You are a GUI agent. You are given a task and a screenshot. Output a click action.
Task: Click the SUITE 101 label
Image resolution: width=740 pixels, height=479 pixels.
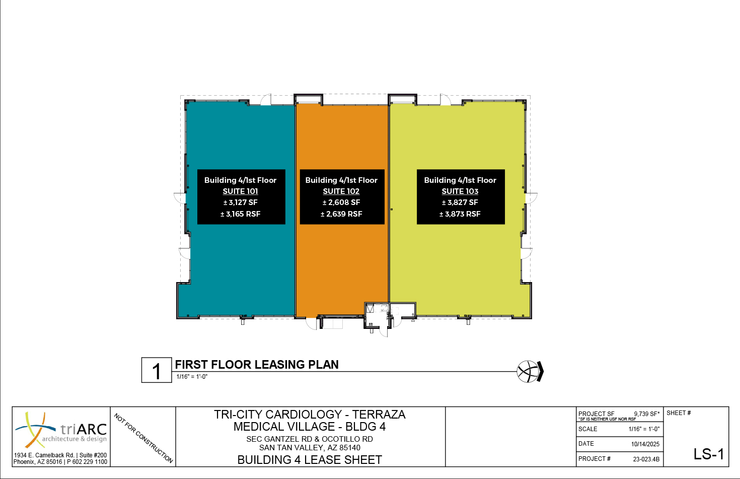pos(240,191)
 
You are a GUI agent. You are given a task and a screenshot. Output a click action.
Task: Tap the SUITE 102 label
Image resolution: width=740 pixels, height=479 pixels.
pos(341,191)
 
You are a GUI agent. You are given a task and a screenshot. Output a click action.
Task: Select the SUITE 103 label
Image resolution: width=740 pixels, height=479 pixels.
pos(460,191)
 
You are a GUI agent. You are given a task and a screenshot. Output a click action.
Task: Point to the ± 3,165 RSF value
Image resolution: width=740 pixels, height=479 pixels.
pos(240,214)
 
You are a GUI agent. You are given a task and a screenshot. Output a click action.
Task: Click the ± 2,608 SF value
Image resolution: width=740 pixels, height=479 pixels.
pos(341,202)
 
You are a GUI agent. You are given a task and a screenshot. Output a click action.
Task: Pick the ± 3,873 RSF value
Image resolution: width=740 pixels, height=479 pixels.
pos(460,214)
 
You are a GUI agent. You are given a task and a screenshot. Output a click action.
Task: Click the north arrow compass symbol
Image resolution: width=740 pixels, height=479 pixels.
pos(530,372)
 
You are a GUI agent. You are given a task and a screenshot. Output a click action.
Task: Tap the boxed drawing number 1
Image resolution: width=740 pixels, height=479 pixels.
pos(157,370)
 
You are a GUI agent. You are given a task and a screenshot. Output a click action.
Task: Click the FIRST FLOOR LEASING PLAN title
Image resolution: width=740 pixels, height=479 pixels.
pos(257,365)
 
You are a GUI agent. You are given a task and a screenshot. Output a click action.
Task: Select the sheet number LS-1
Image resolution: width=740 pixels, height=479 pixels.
pos(709,454)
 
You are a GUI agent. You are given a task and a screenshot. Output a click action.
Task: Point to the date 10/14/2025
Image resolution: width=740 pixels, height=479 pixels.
pos(645,444)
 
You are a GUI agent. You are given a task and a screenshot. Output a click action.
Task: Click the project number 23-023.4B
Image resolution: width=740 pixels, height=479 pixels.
pos(646,459)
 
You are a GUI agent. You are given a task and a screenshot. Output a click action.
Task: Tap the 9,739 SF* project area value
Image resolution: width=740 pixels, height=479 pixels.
pos(647,414)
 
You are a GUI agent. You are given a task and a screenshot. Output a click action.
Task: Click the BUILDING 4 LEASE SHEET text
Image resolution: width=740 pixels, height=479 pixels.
pos(310,460)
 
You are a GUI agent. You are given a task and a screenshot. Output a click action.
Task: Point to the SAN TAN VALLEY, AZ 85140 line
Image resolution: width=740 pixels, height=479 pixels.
pos(310,448)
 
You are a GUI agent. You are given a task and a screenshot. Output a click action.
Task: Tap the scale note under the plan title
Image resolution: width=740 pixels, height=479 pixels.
pos(192,377)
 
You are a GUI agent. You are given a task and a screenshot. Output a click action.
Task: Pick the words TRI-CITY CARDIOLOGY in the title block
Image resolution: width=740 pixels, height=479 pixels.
pos(278,414)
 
